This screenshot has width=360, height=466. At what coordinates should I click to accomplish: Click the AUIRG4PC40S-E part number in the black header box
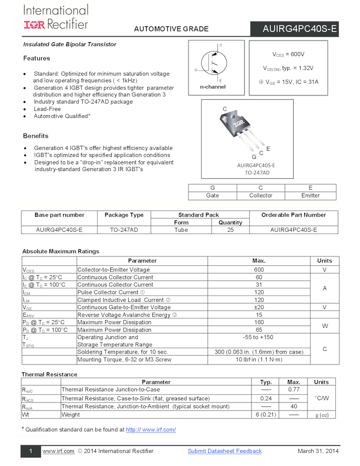[300, 29]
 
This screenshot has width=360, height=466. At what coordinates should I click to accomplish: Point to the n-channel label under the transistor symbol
[213, 87]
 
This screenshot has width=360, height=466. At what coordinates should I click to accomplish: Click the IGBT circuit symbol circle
[212, 64]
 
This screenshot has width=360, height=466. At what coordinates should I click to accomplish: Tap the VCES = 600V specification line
[288, 55]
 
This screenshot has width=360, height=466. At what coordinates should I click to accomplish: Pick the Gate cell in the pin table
[212, 196]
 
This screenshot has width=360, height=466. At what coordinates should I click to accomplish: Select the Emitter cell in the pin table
[311, 196]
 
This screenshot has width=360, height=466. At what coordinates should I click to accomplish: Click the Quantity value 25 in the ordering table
[230, 230]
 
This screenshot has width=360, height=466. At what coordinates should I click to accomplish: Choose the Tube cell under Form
[181, 230]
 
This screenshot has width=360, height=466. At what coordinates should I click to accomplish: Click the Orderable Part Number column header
[293, 215]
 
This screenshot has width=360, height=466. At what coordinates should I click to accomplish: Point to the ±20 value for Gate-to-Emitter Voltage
[259, 308]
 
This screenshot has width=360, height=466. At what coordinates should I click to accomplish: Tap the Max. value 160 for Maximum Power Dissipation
[259, 322]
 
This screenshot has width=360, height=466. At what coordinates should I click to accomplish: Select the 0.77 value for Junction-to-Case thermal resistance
[294, 389]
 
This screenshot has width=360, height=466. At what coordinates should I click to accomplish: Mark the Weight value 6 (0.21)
[266, 414]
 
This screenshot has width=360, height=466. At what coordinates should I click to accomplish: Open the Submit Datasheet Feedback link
[225, 451]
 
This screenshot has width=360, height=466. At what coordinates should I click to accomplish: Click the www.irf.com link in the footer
[58, 451]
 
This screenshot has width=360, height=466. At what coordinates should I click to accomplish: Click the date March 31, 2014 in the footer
[318, 451]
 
